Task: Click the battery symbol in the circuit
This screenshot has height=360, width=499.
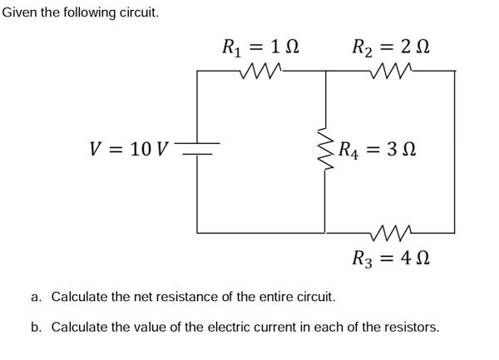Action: click(197, 150)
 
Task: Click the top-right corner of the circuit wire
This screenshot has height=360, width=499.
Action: click(455, 71)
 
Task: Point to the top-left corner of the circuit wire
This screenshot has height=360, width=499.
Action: click(197, 71)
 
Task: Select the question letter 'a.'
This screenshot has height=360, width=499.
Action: click(37, 297)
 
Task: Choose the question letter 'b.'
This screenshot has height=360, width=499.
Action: click(37, 327)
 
